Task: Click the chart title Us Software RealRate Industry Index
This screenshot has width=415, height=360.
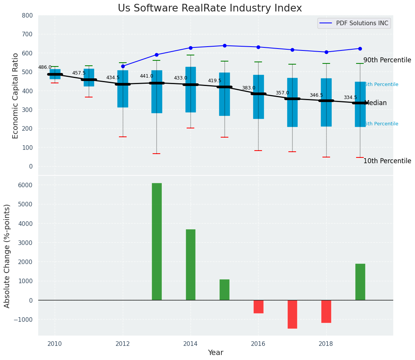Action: (210, 8)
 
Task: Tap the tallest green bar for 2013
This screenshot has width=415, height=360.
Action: (156, 242)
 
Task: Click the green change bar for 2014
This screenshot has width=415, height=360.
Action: (190, 264)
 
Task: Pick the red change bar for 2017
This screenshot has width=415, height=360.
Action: (292, 314)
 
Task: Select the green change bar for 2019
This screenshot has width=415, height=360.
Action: (360, 282)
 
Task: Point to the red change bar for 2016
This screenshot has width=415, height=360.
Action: (258, 306)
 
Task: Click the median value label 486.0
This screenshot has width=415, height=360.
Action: (45, 67)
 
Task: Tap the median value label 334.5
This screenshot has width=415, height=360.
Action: (350, 98)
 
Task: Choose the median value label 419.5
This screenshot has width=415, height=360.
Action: (215, 81)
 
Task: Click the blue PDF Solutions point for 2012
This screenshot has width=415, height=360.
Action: (123, 66)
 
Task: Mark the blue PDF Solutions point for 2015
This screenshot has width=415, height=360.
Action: (225, 45)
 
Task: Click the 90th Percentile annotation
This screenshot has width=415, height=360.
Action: (387, 60)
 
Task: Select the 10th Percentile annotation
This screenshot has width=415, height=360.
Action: (387, 161)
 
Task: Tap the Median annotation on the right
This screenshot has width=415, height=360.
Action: (376, 103)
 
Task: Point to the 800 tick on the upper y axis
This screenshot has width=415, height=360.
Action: (29, 16)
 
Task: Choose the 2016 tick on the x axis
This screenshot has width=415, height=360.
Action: (258, 344)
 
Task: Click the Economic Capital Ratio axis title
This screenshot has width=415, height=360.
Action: (16, 96)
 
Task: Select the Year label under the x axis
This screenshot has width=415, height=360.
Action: (215, 353)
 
